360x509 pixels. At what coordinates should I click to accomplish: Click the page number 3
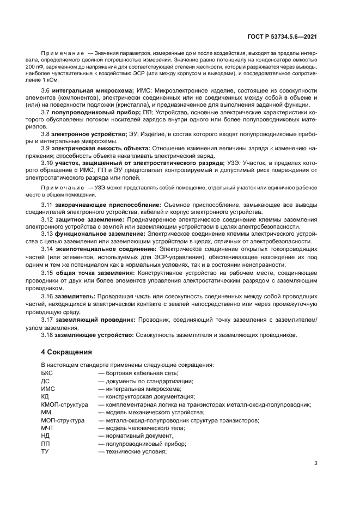click(x=316, y=463)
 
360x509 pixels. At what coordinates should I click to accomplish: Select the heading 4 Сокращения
click(x=66, y=352)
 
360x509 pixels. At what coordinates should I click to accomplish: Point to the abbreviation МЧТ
click(x=47, y=428)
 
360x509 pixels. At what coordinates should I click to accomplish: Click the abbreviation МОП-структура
click(x=63, y=421)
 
